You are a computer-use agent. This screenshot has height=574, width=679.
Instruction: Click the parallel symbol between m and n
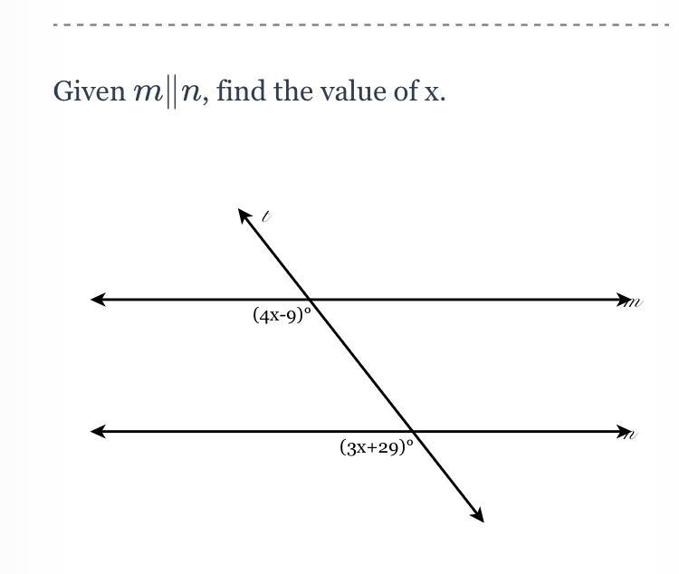(169, 92)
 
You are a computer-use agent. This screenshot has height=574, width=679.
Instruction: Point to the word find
(237, 91)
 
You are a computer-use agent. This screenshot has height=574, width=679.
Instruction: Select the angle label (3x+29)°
(377, 446)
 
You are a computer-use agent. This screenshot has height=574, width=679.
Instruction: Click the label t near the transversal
(266, 216)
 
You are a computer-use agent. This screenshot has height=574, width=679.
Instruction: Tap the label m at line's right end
(635, 302)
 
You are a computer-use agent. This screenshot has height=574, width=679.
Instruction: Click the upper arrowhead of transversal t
(244, 215)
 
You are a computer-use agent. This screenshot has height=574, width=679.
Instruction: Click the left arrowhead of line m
(97, 299)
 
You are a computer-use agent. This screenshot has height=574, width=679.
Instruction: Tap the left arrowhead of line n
(97, 432)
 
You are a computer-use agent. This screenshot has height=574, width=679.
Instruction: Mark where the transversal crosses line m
(310, 299)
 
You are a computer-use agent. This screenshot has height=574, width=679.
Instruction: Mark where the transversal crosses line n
(413, 432)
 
